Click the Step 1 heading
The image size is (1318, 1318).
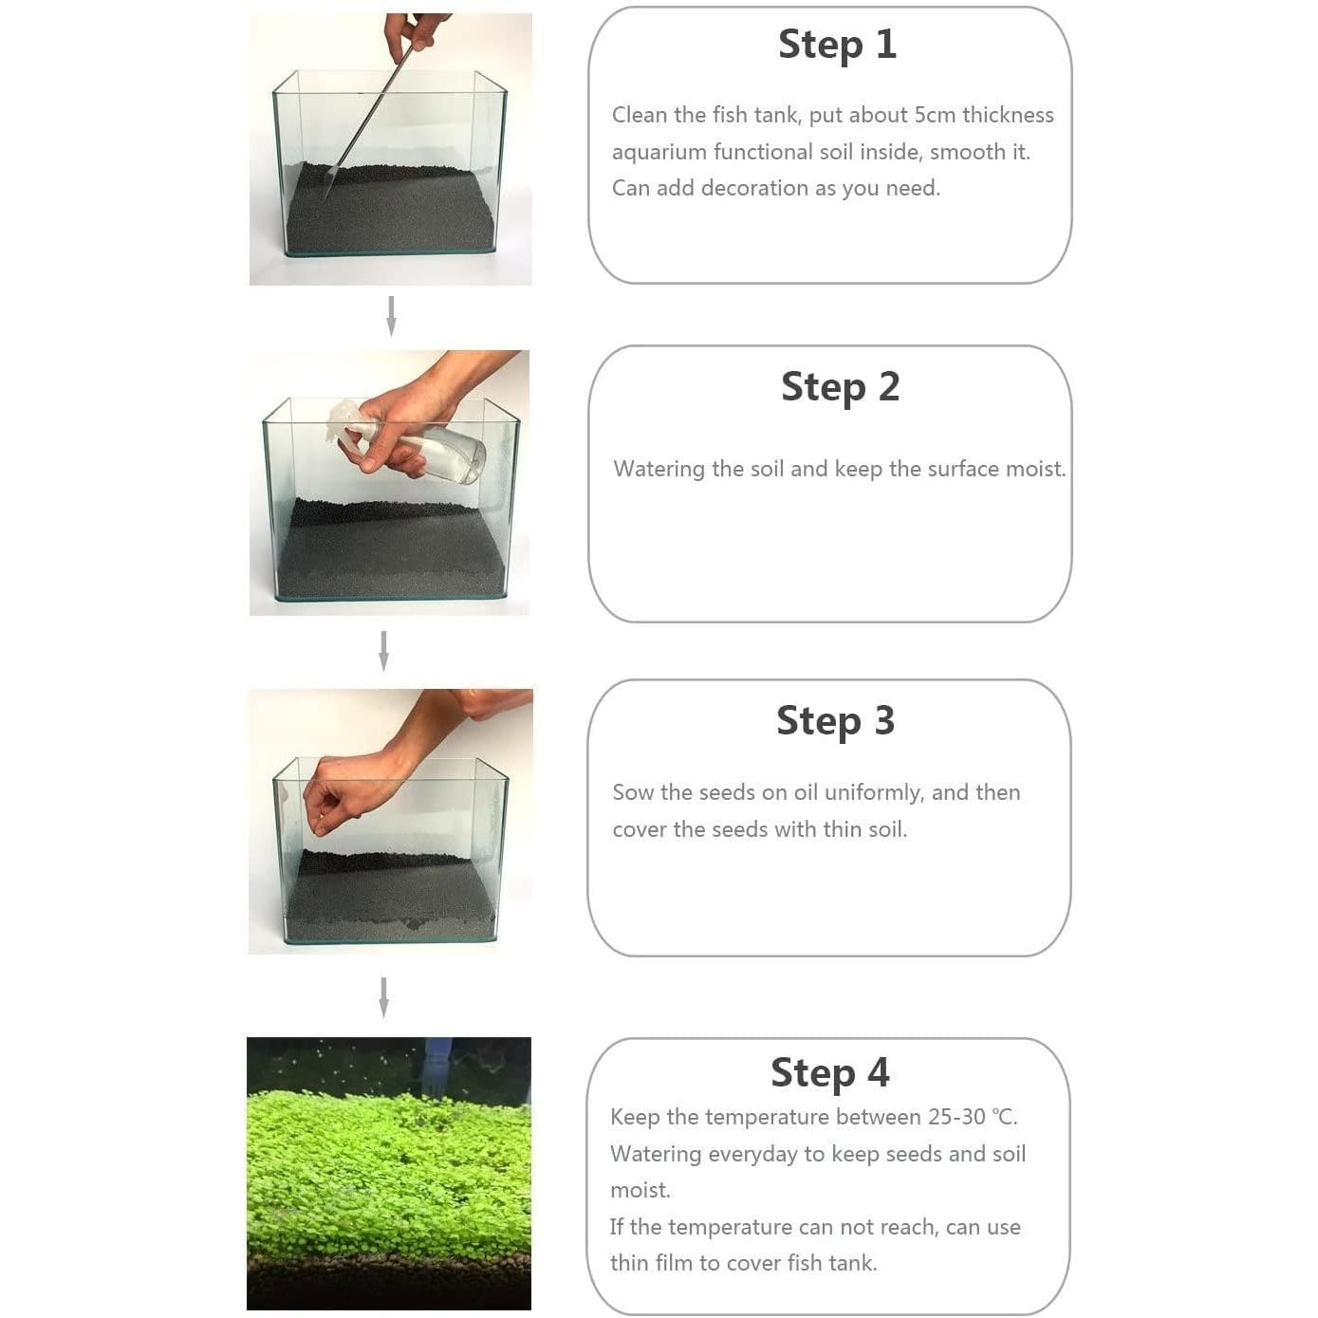click(837, 45)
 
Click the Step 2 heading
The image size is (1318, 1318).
click(840, 387)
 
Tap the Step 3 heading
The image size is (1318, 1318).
click(835, 721)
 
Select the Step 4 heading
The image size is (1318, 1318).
click(829, 1072)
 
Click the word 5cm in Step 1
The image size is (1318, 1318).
click(935, 115)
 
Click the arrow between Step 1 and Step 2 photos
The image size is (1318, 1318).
click(391, 316)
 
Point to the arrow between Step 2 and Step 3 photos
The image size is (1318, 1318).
click(383, 651)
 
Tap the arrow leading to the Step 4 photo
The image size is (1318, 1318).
click(383, 998)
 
